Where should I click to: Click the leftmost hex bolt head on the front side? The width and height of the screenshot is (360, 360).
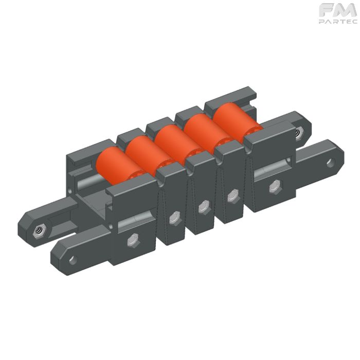[133, 240]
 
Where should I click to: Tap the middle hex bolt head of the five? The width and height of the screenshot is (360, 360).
[204, 207]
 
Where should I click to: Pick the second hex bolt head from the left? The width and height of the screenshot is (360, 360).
[175, 219]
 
